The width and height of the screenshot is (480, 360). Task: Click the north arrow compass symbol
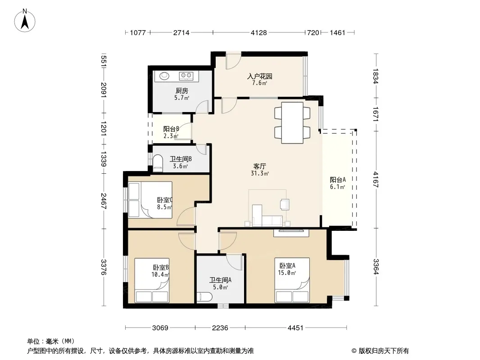(25, 21)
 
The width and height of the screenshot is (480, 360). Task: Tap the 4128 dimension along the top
(258, 32)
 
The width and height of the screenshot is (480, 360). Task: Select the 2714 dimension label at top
(181, 32)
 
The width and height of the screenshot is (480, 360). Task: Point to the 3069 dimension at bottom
(160, 328)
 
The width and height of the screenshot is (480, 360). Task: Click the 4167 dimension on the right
(376, 180)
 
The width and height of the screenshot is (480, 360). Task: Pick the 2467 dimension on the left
(104, 201)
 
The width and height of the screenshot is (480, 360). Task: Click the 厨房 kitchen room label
(182, 91)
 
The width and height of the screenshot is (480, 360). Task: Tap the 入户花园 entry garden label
(260, 76)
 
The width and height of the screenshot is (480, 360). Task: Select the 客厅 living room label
(260, 166)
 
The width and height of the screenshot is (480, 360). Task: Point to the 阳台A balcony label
(338, 180)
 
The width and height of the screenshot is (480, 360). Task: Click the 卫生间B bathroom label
(181, 159)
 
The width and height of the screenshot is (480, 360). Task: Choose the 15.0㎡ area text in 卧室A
(287, 273)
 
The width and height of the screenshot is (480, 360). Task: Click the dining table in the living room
(292, 123)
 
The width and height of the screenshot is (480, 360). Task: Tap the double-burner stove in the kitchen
(186, 75)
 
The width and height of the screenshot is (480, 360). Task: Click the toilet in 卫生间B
(157, 162)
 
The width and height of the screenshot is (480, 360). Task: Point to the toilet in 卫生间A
(204, 297)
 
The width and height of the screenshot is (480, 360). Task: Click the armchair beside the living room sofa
(285, 204)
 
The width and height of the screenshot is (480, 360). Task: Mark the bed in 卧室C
(150, 200)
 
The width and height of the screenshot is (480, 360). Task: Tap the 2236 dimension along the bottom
(220, 328)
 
